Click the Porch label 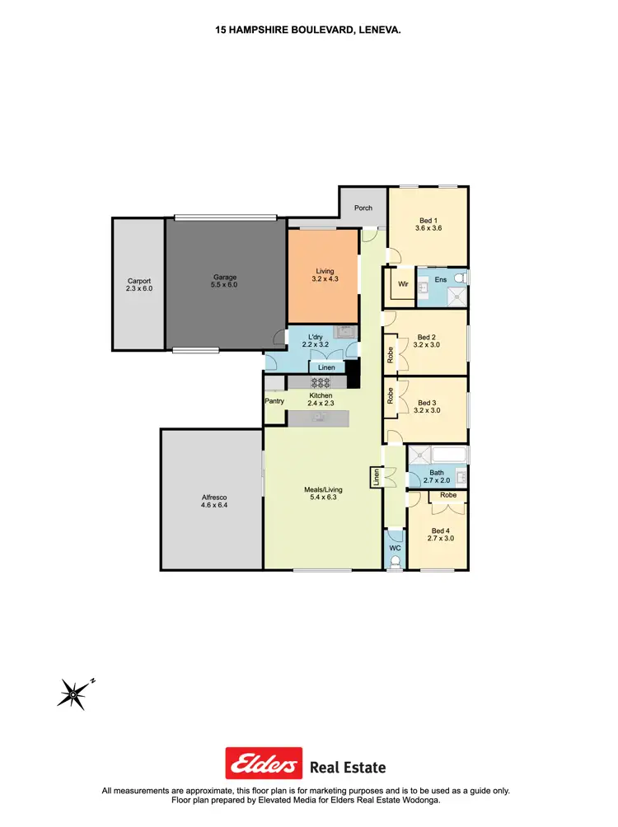363,208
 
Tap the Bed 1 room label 427,220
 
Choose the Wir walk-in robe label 403,284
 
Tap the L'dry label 315,338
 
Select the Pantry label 274,401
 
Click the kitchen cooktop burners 319,382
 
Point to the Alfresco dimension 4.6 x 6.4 214,506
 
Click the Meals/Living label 323,490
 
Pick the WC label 395,548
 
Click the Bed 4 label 440,530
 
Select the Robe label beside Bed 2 391,354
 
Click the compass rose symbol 73,694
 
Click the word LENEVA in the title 377,29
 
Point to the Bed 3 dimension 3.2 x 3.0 427,410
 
